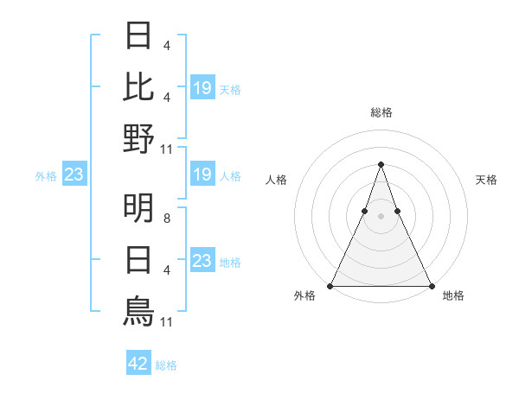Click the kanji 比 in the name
(x=138, y=86)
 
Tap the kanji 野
(x=138, y=137)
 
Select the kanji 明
(x=138, y=207)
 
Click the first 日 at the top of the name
(x=138, y=36)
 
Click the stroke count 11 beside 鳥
(x=168, y=322)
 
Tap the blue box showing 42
(x=138, y=364)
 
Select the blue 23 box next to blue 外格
(x=74, y=175)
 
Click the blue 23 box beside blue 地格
(x=202, y=261)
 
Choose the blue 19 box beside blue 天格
(x=202, y=88)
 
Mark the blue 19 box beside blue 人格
(x=202, y=175)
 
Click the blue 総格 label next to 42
(x=166, y=365)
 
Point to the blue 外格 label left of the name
(x=46, y=176)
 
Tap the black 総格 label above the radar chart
(x=381, y=112)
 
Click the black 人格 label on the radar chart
(x=277, y=180)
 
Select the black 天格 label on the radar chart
(x=486, y=180)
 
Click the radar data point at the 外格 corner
(x=330, y=286)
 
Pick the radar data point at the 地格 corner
(x=431, y=286)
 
